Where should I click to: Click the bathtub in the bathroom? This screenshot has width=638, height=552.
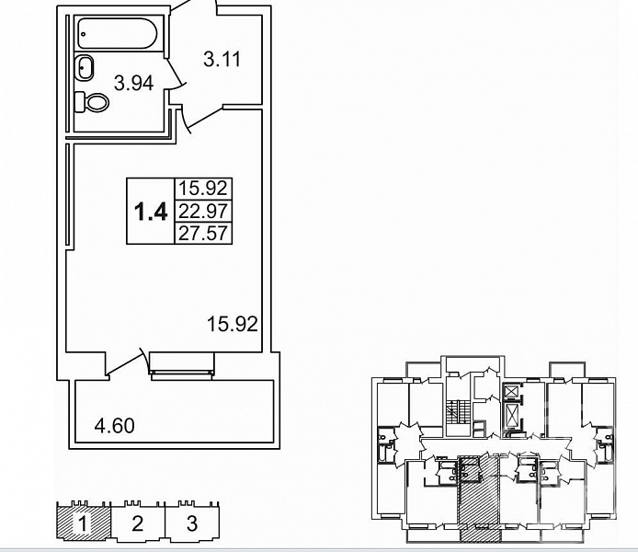117,33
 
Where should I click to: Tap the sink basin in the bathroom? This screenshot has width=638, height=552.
85,66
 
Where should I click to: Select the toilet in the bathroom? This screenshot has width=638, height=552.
92,102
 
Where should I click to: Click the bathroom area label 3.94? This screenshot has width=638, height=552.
134,83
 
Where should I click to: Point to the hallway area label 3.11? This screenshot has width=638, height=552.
222,60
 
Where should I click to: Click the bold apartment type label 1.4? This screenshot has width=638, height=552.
151,212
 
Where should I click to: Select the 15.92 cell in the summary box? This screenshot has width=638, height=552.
203,189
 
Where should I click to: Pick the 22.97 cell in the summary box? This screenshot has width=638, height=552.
203,211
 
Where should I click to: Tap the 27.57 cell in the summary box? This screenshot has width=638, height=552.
203,234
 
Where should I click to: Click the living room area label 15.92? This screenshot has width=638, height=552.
233,324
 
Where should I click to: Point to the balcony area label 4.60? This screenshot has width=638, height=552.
114,426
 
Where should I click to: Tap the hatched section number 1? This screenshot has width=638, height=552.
83,523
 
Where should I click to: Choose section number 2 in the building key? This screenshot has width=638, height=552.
138,523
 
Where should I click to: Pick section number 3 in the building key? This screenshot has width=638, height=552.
192,523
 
